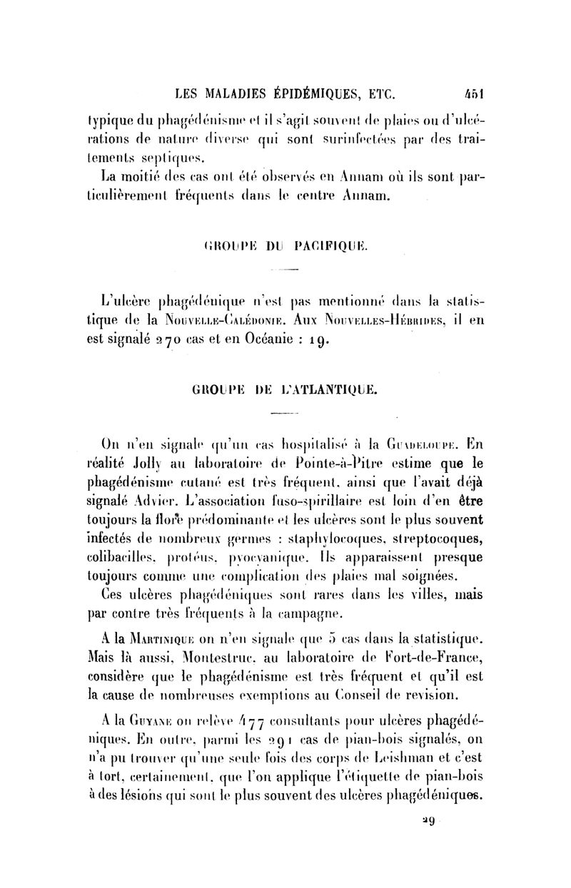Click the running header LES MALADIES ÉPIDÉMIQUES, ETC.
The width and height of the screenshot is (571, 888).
[285, 92]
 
